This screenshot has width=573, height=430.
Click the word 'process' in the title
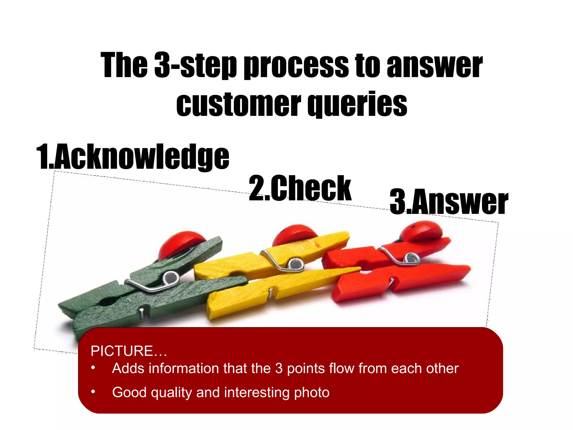tap(296, 66)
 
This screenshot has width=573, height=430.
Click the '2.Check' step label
tap(300, 188)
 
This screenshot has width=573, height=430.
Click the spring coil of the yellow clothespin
tap(294, 263)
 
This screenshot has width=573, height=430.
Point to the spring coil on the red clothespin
tap(411, 258)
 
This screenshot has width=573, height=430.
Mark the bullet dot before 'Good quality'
tap(93, 391)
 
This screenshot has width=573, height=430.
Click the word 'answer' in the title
tap(435, 66)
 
